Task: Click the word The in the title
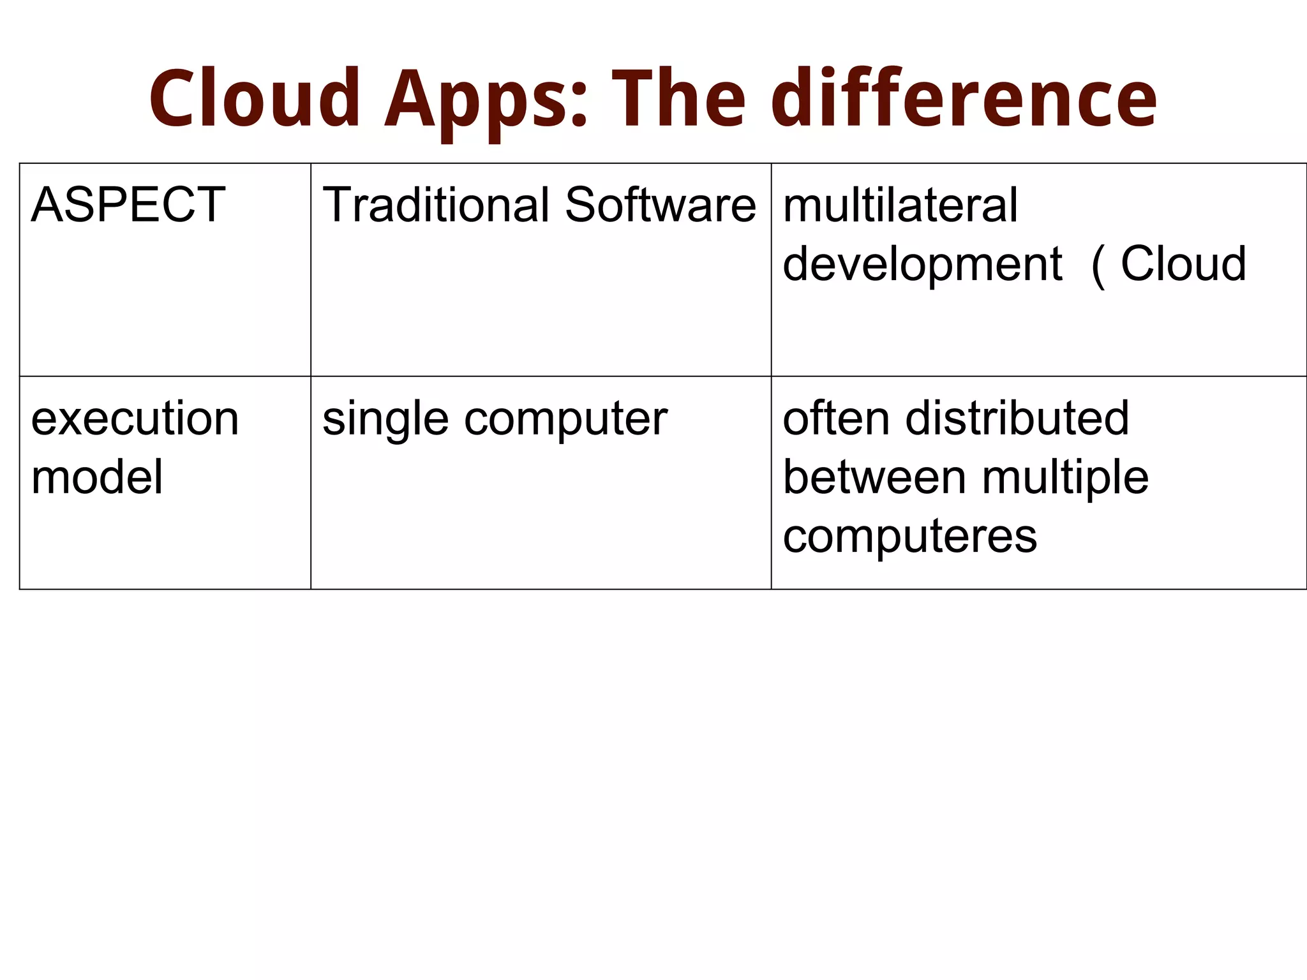(x=678, y=99)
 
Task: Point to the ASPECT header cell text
(x=128, y=205)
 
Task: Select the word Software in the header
(x=661, y=205)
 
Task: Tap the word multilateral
(x=900, y=205)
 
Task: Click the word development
(x=922, y=265)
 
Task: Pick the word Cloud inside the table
(x=1183, y=264)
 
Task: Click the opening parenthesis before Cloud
(x=1098, y=265)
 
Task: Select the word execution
(x=135, y=419)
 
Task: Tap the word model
(x=97, y=477)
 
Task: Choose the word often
(x=836, y=419)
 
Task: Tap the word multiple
(x=1065, y=479)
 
